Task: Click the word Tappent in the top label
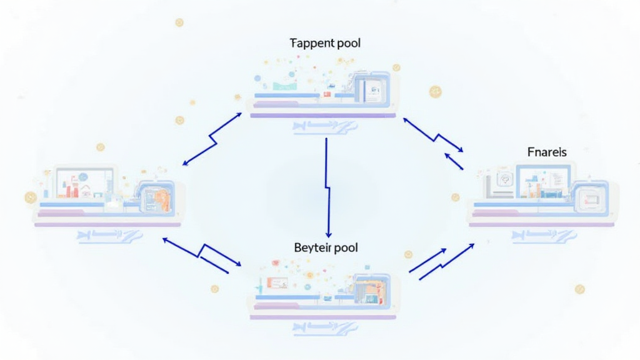click(x=311, y=44)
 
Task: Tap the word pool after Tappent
click(x=347, y=44)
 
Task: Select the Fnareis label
click(x=547, y=152)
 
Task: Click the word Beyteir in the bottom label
click(x=312, y=247)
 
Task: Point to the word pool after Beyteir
click(x=346, y=247)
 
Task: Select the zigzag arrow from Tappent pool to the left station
click(x=212, y=139)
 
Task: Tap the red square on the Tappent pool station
click(x=326, y=94)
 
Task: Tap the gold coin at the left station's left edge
click(x=30, y=197)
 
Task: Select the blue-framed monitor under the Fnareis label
click(x=542, y=181)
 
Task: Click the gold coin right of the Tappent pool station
click(x=435, y=92)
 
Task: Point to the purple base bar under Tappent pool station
click(x=322, y=116)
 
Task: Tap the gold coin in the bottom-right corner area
click(x=579, y=289)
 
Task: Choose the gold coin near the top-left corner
click(x=179, y=22)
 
